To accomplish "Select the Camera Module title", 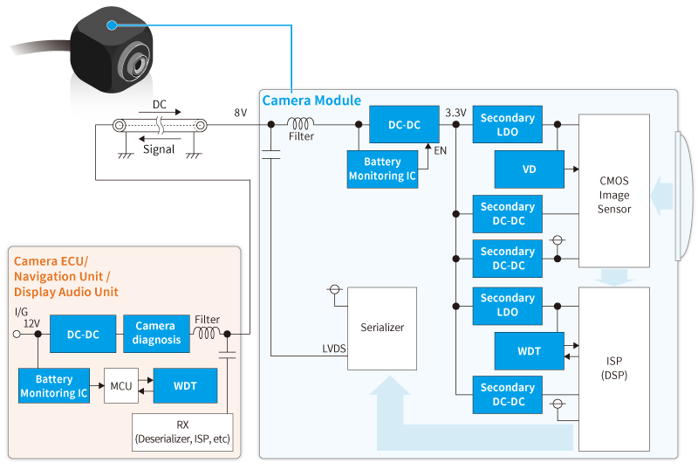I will point(311,100).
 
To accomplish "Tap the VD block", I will point(529,169).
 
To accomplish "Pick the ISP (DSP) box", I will point(614,368).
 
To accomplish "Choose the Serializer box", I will point(382,328).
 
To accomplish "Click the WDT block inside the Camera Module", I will point(529,351).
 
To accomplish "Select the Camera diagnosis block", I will point(154,332).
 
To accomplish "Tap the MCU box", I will point(121,385).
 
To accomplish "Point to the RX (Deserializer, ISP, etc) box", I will point(183,432).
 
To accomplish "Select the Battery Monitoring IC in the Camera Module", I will point(382,169).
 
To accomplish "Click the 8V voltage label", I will point(240,113).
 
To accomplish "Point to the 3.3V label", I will point(455,113).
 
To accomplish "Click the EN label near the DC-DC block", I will point(441,151).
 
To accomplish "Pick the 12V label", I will point(31,323).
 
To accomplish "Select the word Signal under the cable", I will point(159,149).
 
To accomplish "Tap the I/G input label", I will point(22,311).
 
